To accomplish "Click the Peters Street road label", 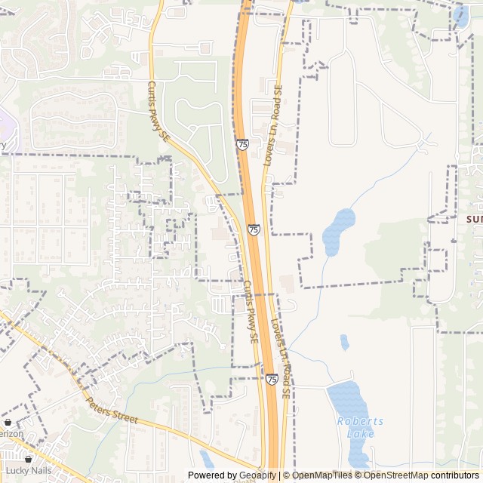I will click(x=111, y=411).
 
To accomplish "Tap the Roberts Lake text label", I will click(x=360, y=427).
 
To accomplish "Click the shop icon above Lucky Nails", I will click(x=29, y=458).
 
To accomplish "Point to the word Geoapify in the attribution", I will click(x=250, y=475).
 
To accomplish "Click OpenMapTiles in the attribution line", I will click(x=316, y=475).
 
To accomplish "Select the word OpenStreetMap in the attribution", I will click(x=397, y=475).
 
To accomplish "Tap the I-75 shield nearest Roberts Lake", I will click(x=271, y=379).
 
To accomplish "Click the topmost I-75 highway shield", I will click(x=241, y=143).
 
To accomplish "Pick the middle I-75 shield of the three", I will click(x=253, y=229).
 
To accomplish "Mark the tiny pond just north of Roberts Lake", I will click(x=344, y=342).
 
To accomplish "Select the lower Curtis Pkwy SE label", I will click(x=250, y=312).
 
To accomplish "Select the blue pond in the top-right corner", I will click(x=461, y=17).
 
